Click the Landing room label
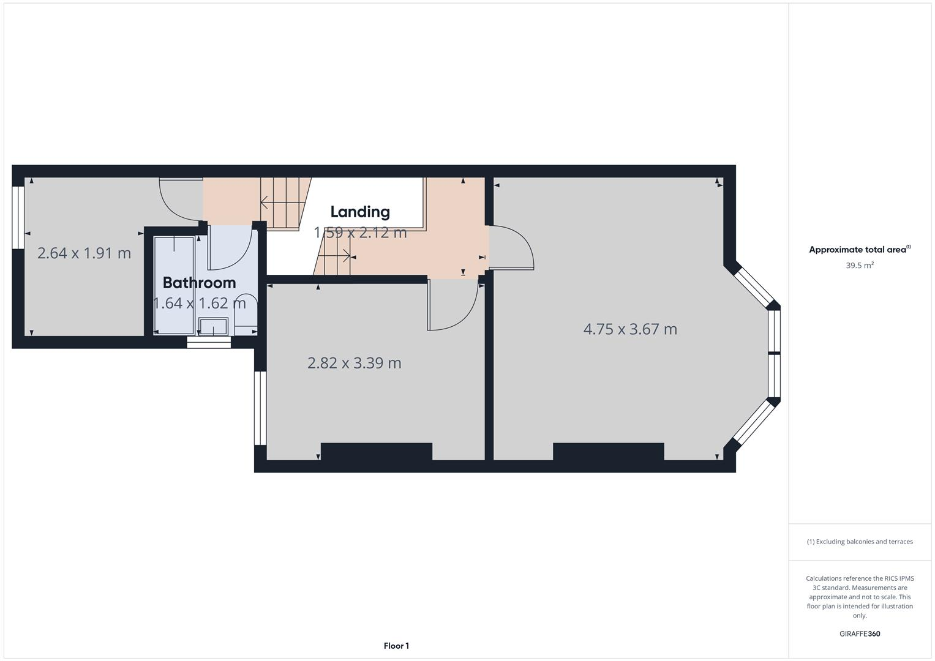tap(359, 212)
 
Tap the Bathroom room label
tap(199, 283)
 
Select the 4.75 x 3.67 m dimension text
tap(630, 329)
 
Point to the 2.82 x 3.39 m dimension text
tap(354, 363)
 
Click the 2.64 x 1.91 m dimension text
tap(84, 253)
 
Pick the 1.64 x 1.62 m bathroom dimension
tap(199, 303)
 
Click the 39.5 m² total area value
tap(859, 266)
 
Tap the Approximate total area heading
tap(859, 250)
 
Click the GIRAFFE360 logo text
tap(859, 633)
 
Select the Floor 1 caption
tap(396, 646)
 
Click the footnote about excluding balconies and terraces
tap(859, 542)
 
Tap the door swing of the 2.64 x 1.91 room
tap(179, 199)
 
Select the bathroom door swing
tap(231, 248)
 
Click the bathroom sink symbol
tap(213, 327)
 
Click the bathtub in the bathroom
tap(174, 285)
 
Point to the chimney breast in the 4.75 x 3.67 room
tap(608, 452)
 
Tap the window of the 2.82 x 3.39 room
tap(260, 408)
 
